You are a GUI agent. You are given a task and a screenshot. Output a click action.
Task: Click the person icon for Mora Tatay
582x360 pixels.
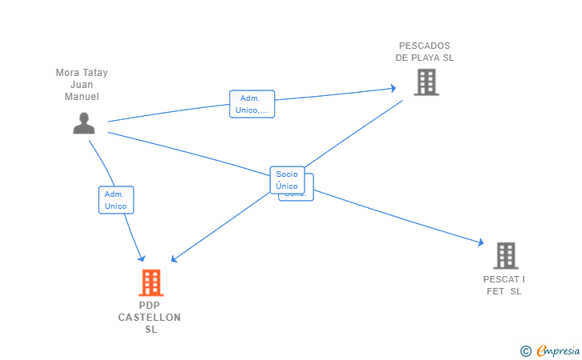tap(84, 123)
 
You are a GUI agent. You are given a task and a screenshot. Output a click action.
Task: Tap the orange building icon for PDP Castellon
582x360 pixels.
tap(150, 282)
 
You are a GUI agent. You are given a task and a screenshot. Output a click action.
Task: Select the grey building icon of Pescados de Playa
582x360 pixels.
tap(426, 82)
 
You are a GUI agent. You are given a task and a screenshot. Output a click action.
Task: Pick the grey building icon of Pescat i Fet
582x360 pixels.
tap(505, 255)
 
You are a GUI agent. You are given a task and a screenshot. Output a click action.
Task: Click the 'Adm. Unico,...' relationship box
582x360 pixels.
tap(252, 104)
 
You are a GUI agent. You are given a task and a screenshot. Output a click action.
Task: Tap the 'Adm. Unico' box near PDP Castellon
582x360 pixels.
tap(116, 200)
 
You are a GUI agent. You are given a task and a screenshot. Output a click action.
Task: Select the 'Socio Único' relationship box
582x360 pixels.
tap(287, 180)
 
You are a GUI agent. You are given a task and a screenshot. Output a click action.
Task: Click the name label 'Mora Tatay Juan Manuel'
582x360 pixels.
tap(82, 85)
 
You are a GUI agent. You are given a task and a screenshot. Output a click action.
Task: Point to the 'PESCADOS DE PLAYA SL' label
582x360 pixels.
tap(425, 51)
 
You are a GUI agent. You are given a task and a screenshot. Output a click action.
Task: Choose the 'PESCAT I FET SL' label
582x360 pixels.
tap(504, 285)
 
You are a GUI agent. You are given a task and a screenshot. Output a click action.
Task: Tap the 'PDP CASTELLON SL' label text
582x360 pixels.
tap(149, 318)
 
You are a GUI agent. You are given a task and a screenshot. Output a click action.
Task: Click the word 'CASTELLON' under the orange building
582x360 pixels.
tap(149, 318)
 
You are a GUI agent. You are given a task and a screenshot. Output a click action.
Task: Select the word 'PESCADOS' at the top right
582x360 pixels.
tap(425, 46)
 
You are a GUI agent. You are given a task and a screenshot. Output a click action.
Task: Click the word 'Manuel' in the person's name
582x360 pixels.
tap(82, 97)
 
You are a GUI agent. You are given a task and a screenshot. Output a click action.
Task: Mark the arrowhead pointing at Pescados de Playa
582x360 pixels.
tap(393, 88)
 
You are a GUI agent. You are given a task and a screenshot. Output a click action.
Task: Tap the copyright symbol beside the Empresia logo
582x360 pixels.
tap(525, 350)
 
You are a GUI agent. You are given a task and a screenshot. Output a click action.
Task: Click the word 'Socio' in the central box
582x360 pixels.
tap(287, 174)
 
